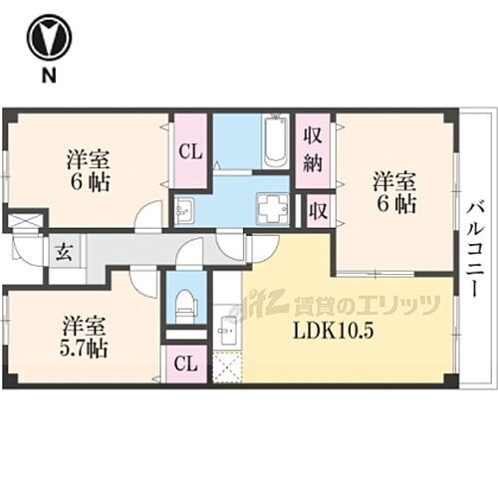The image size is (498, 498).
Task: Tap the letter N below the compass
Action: point(45,76)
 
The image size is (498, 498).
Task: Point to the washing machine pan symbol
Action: point(271,209)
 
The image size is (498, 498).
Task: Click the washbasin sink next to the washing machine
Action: point(184,210)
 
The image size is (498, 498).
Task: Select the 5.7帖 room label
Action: point(85,337)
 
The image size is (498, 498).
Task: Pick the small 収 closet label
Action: point(316,210)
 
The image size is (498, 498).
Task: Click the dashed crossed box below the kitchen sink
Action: point(227,367)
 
